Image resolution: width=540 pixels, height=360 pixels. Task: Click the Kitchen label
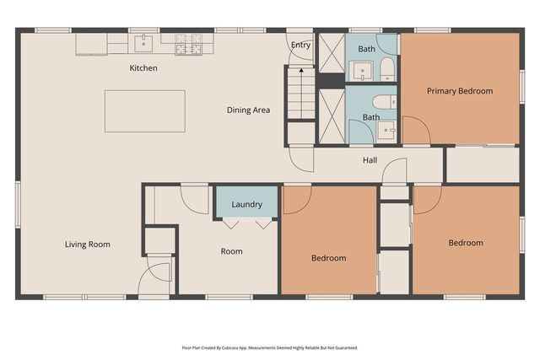coord(143,67)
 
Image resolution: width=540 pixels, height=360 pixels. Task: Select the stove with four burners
coord(186,43)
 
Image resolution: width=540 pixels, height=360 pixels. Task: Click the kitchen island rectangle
coord(144,110)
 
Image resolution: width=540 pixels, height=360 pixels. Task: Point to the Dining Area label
coord(248,110)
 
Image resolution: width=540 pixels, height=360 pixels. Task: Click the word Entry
coord(300,45)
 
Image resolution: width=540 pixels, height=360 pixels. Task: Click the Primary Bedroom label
coord(459,91)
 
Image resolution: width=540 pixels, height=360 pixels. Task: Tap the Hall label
coord(370,160)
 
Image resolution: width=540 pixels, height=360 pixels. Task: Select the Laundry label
coord(246,204)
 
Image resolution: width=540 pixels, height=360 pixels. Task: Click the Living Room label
coord(88,244)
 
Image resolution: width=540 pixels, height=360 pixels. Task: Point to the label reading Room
coord(231,251)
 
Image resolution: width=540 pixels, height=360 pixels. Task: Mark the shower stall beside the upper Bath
coord(331,57)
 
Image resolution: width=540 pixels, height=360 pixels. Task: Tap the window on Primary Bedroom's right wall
coord(521,88)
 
